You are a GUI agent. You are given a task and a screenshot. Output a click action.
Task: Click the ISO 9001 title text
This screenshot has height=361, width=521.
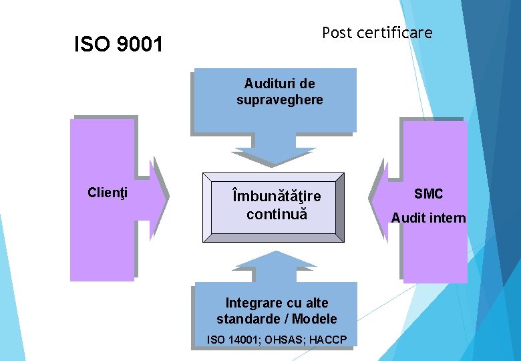tap(118, 45)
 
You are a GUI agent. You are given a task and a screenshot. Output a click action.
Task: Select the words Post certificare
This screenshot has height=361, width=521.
tap(377, 32)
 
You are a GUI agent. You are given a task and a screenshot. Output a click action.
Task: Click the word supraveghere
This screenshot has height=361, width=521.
tap(279, 100)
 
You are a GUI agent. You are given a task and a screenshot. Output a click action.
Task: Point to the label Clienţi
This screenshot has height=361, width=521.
tap(108, 193)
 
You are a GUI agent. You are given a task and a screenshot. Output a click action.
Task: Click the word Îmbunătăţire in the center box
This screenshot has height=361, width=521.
tap(276, 197)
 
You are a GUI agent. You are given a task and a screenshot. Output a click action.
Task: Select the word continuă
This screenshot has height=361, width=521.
tap(276, 215)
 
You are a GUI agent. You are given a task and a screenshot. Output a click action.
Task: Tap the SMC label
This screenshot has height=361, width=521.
tap(428, 194)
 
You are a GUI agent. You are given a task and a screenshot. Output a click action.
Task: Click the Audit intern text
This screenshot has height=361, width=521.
tap(428, 218)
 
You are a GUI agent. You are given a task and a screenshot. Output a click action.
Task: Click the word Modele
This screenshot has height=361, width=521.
tap(315, 319)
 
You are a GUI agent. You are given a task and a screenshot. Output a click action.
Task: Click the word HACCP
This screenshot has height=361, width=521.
tap(328, 340)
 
